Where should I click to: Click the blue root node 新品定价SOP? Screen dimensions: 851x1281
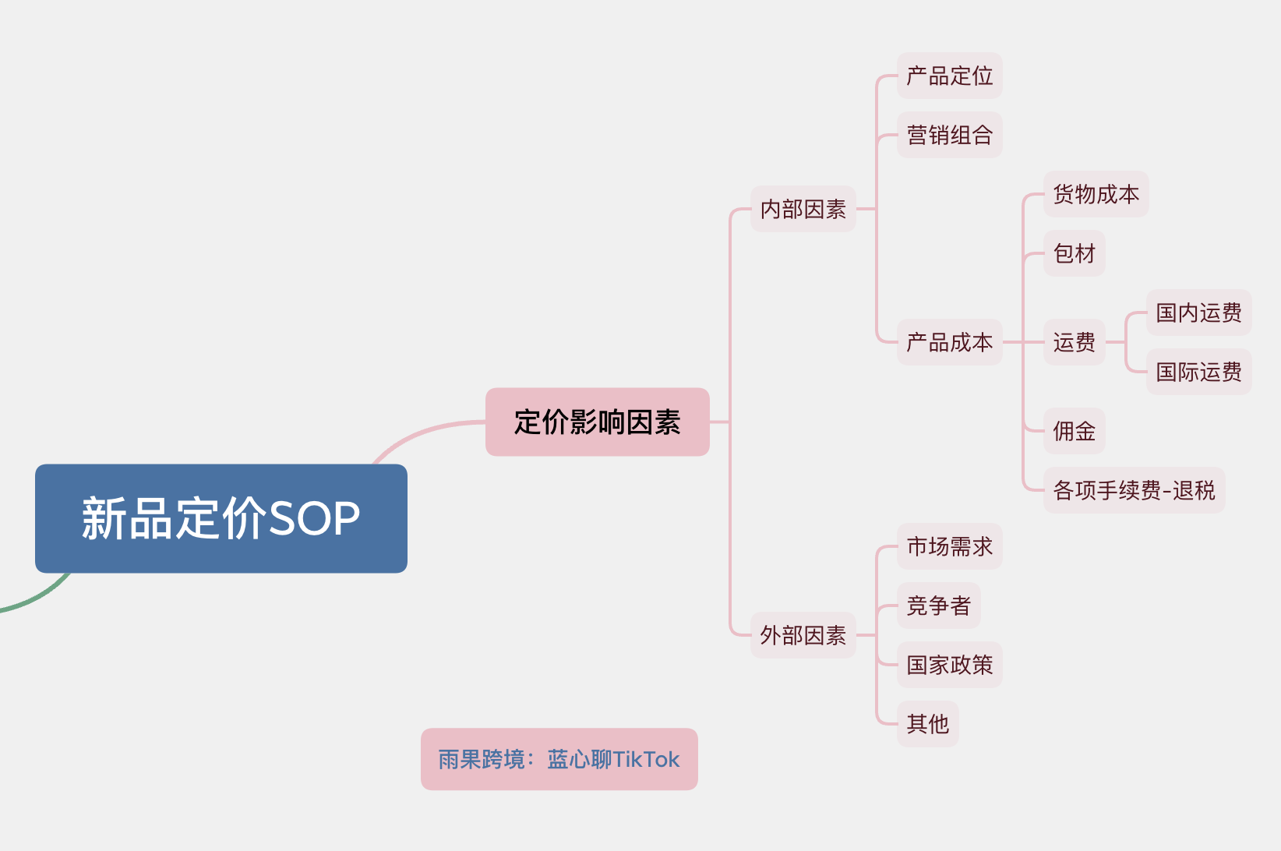point(221,518)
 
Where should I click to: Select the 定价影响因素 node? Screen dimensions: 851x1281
point(597,422)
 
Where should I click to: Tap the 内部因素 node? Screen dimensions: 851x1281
point(803,209)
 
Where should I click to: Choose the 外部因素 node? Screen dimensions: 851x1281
point(803,635)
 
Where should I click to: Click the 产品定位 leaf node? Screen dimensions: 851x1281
point(949,76)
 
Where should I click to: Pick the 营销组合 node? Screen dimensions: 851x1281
point(949,135)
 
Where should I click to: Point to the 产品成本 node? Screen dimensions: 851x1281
point(949,342)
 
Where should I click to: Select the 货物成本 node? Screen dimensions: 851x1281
point(1096,194)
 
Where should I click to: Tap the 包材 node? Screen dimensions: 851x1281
point(1074,253)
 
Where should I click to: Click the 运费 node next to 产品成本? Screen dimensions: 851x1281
point(1074,342)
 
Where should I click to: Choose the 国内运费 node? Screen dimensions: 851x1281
point(1198,313)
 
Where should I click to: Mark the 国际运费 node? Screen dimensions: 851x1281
point(1198,372)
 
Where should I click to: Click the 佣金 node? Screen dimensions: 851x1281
point(1074,431)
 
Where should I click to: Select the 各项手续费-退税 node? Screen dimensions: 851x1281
point(1134,490)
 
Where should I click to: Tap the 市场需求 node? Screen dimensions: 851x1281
point(949,546)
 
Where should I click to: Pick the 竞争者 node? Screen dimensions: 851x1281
point(938,606)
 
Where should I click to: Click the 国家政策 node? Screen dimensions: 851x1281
point(949,665)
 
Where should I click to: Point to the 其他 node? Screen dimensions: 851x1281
point(927,724)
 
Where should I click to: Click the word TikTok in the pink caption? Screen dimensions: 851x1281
point(646,759)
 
